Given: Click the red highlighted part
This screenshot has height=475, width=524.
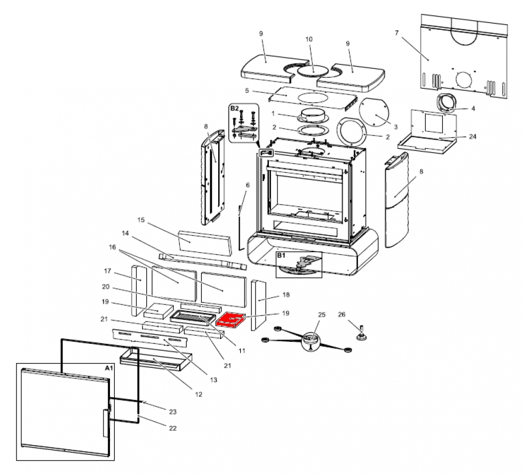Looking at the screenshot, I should [x=230, y=320].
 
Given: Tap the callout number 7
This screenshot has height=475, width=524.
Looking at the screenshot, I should [x=396, y=33].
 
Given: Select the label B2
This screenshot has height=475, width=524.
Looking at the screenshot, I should [x=235, y=108].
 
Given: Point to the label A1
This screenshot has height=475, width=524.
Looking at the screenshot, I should [x=108, y=368].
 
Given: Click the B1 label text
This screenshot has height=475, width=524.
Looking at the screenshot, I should [x=281, y=256].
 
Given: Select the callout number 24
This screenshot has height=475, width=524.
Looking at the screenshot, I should [x=472, y=136].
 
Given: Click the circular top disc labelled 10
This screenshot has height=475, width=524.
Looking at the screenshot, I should [x=312, y=70].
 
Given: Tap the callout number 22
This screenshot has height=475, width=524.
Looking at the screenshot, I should [x=172, y=428].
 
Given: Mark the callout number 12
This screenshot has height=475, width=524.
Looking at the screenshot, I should [x=198, y=395].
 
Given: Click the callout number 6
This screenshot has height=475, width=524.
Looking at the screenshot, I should [x=247, y=185].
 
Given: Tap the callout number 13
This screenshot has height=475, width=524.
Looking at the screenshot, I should [x=213, y=380].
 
